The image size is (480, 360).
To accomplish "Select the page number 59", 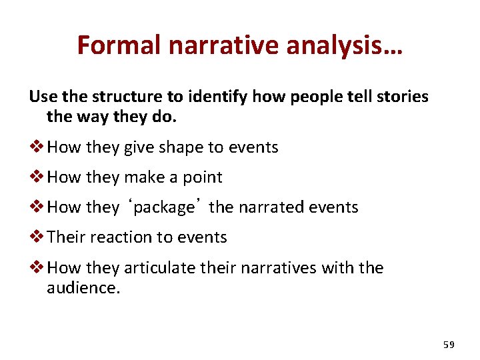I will [449, 345].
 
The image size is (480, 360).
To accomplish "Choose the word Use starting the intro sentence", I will [42, 97].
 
